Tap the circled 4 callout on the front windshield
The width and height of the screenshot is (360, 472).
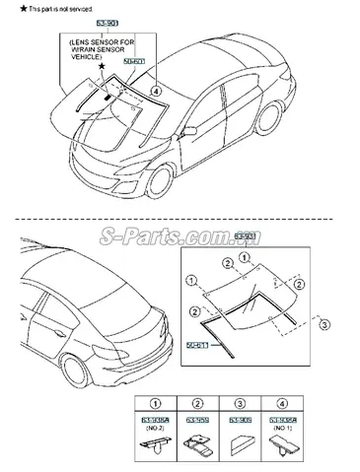pos(154,91)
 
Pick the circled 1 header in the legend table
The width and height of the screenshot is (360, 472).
pos(155,402)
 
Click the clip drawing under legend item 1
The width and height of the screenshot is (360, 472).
pos(156,445)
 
